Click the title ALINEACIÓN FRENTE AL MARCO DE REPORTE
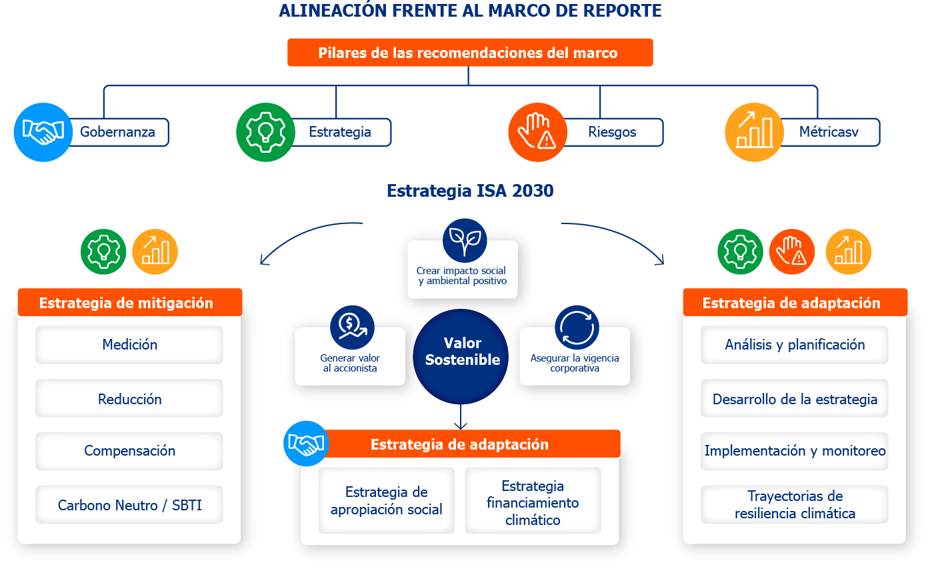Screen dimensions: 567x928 point(470,11)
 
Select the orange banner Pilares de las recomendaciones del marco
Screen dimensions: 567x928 point(470,53)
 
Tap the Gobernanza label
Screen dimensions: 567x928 point(117,132)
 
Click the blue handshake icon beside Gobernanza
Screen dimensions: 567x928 point(43,132)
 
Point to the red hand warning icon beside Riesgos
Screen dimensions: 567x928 point(537,132)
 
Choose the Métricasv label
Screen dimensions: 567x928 point(829,132)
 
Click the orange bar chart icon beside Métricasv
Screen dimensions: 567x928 point(754,132)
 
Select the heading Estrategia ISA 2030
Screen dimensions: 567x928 point(470,191)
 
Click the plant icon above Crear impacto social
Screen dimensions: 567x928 point(465,241)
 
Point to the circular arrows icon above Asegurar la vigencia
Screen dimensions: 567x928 point(577,327)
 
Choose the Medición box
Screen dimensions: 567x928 point(129,345)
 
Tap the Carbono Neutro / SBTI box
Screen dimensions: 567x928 point(129,505)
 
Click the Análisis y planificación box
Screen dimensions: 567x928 point(795,345)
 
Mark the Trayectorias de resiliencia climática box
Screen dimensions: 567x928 point(795,505)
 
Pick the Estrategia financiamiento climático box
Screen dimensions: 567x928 point(533,503)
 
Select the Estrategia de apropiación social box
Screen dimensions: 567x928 point(387,501)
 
